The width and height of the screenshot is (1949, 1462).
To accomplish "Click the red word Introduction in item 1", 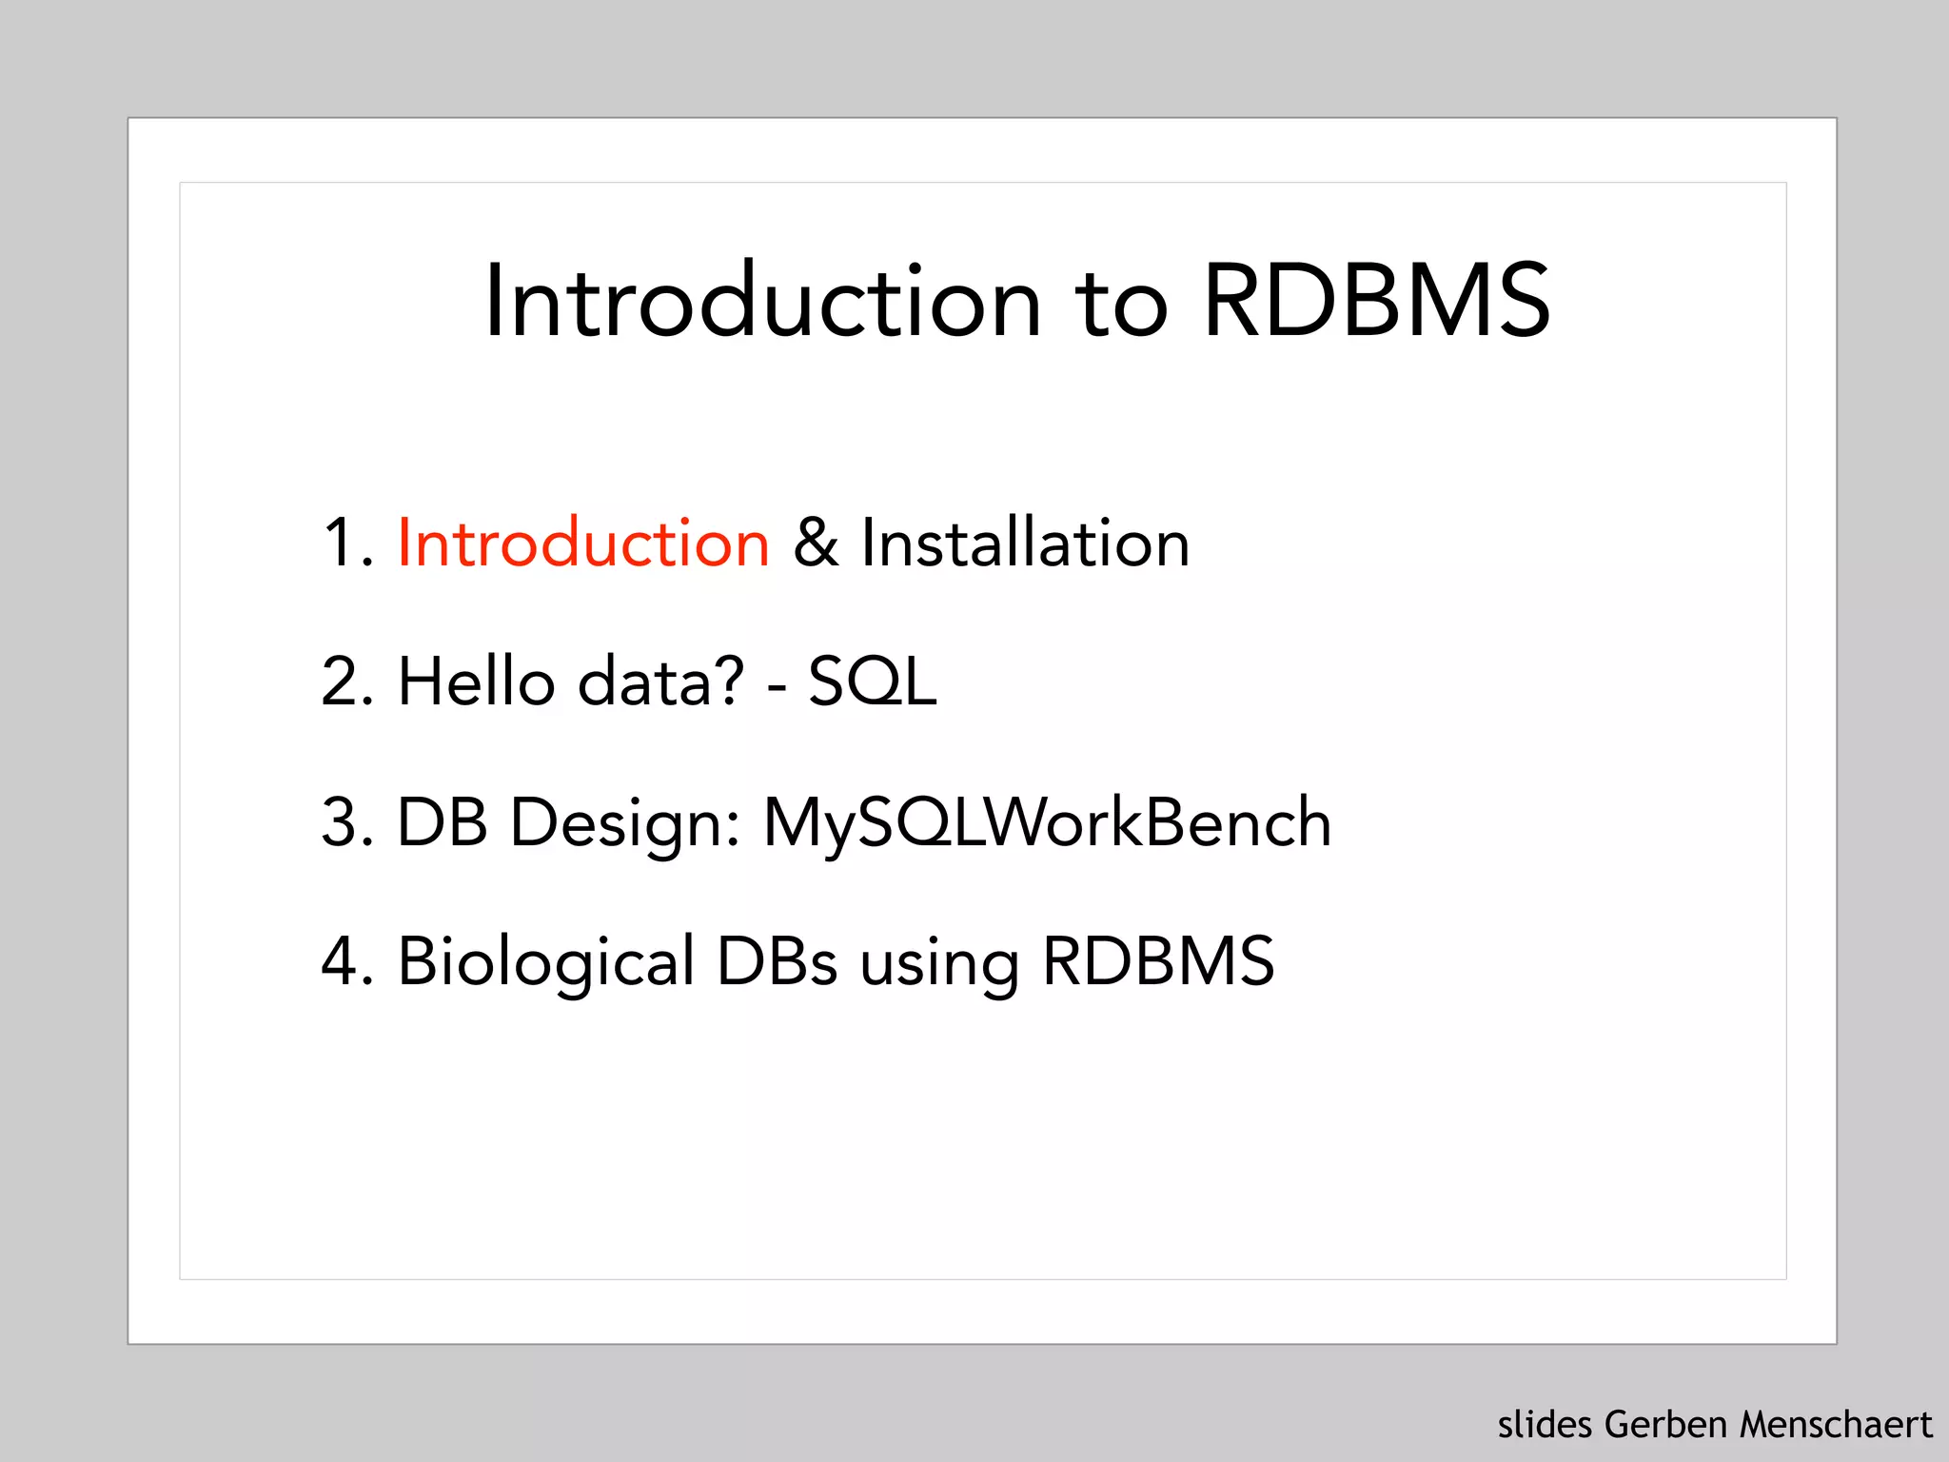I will click(x=582, y=543).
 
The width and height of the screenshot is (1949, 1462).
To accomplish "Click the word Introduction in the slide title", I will click(x=762, y=303).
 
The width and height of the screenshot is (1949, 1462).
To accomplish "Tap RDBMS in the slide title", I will click(x=1376, y=303).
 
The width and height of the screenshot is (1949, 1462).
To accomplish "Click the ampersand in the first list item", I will click(x=816, y=543).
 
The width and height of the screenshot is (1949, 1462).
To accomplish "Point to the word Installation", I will click(x=1025, y=543).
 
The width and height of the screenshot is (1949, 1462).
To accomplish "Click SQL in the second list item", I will click(x=873, y=682).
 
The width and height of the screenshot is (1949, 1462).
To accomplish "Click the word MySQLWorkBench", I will click(x=1047, y=822).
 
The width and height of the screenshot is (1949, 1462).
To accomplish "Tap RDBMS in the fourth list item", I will click(x=1158, y=961).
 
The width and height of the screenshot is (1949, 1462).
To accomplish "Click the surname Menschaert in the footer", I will click(x=1836, y=1425).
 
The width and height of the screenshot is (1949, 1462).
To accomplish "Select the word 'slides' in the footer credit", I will click(x=1545, y=1425).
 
